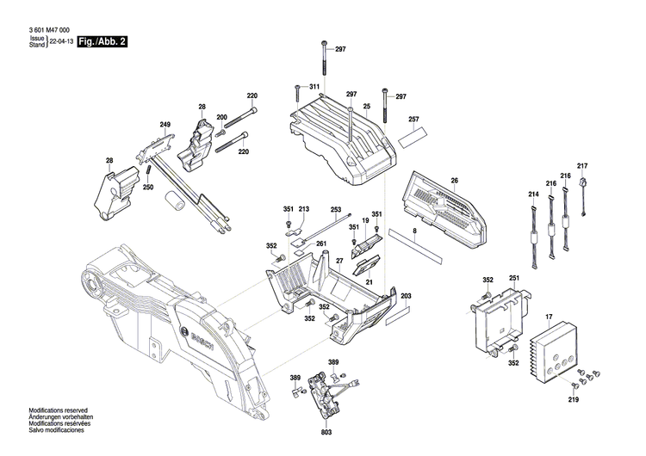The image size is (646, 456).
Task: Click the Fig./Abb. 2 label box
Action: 102,42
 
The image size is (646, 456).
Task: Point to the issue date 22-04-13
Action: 61,41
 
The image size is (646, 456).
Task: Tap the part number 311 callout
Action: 314,88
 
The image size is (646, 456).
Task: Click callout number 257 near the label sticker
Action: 413,119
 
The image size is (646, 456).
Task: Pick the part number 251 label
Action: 514,279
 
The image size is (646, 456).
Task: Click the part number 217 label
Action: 582,165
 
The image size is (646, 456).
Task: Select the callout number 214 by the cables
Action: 533,195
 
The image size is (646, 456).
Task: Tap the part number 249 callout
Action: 165,125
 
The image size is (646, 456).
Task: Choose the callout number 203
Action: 407,297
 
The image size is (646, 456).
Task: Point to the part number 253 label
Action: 336,208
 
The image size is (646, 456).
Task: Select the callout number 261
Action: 321,243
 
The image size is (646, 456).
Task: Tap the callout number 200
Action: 221,117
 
